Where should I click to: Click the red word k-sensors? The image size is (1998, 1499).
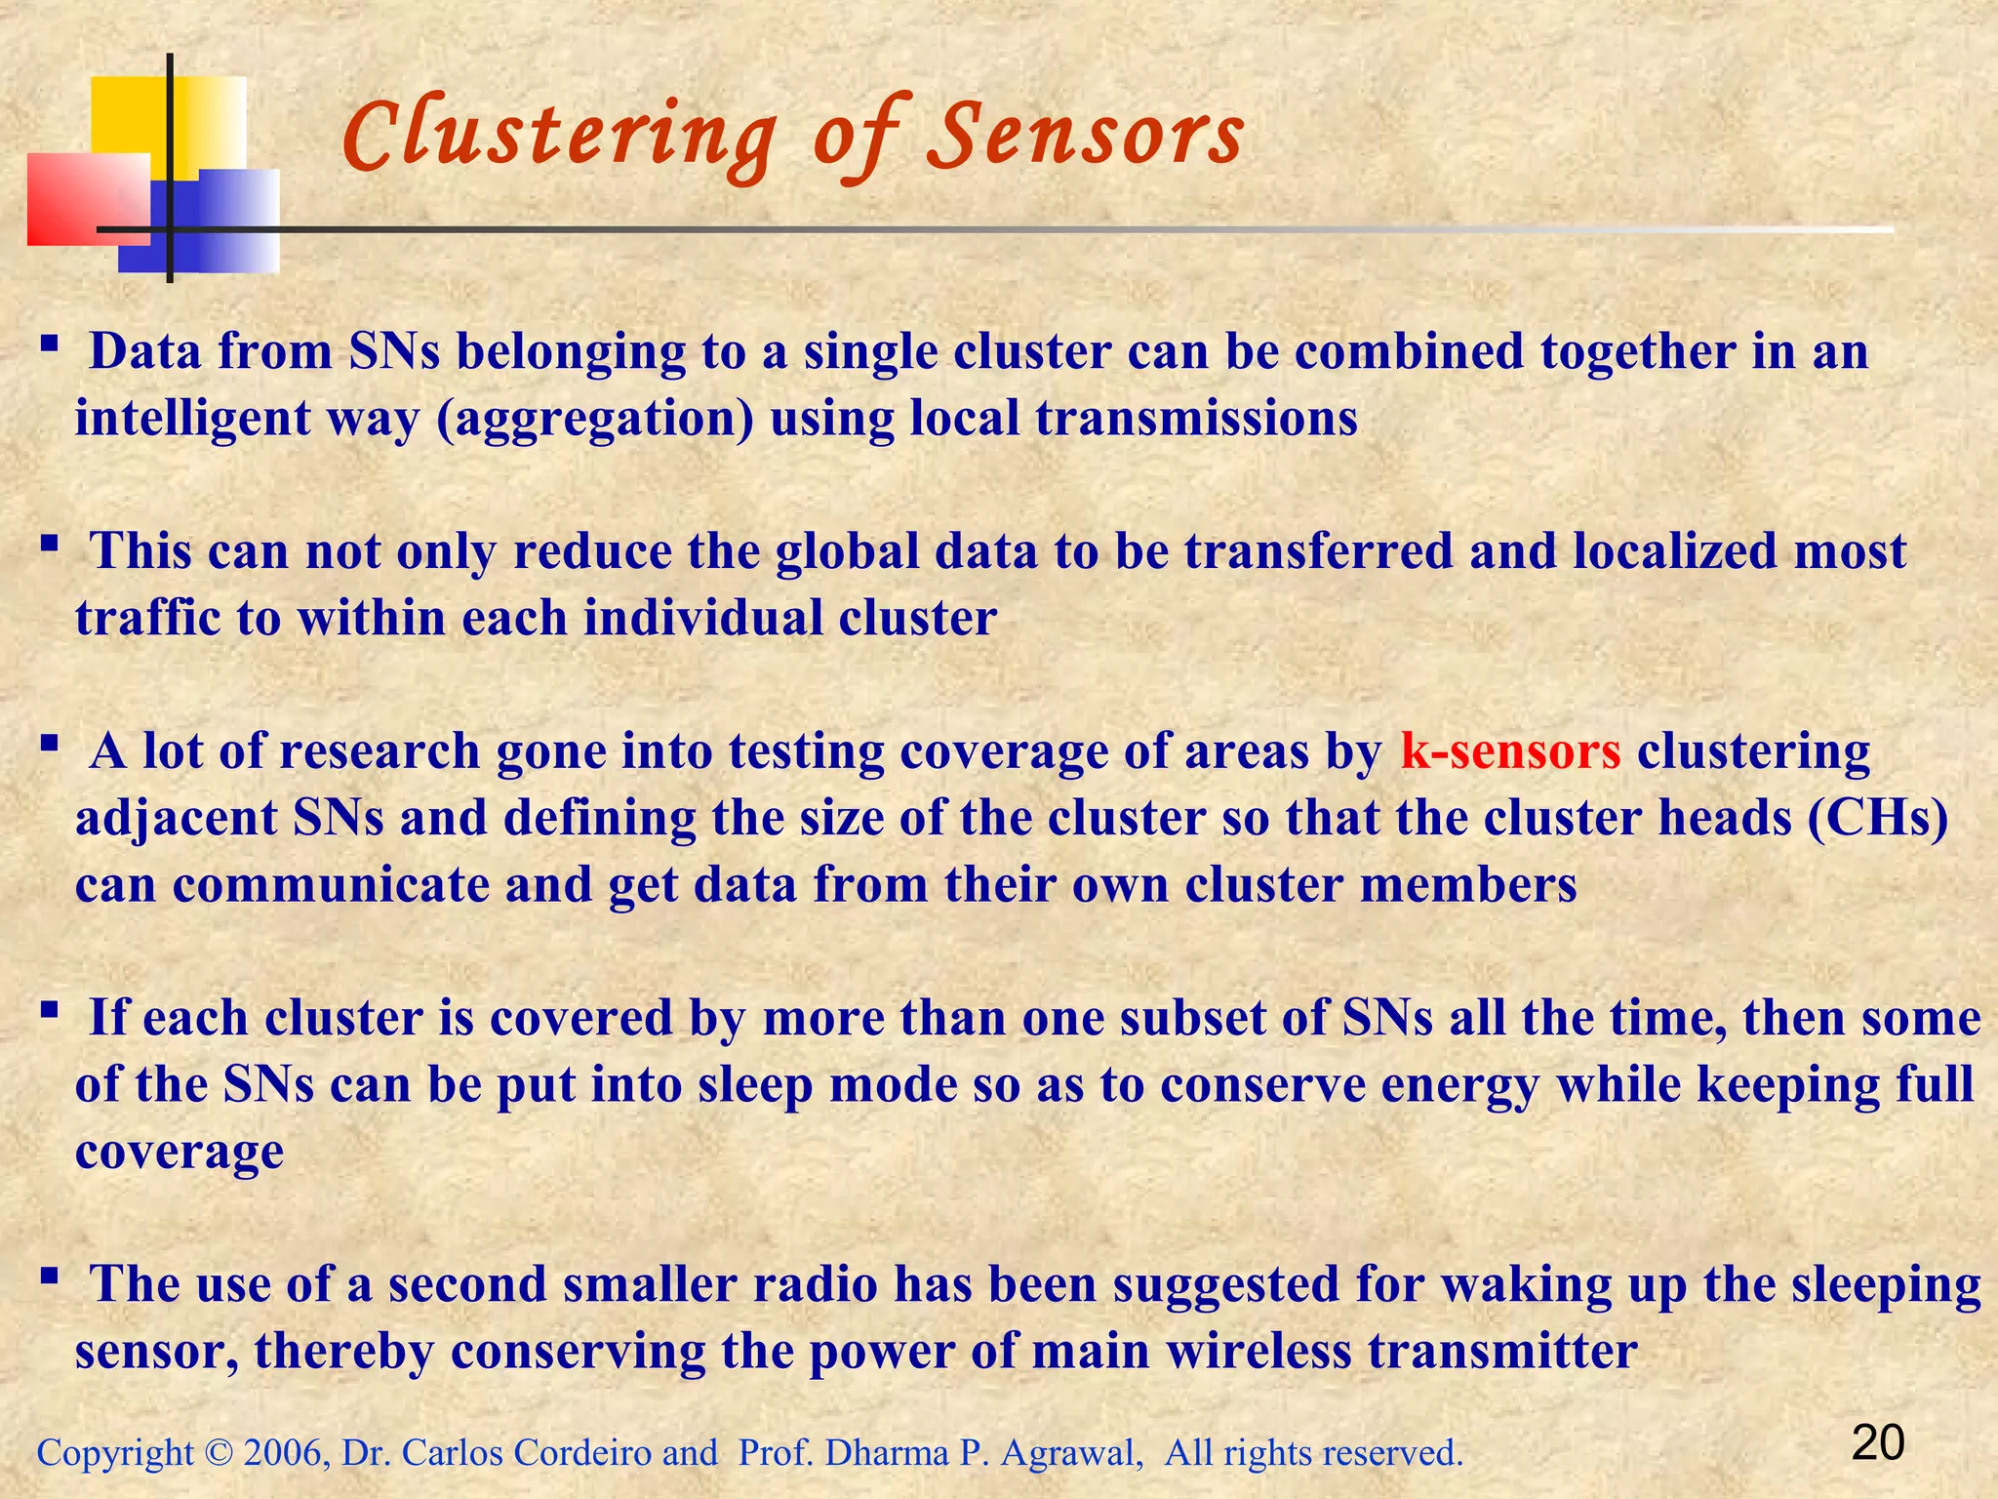point(1510,751)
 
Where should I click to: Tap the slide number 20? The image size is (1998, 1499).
point(1877,1443)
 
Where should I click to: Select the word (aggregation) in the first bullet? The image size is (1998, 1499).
point(596,419)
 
